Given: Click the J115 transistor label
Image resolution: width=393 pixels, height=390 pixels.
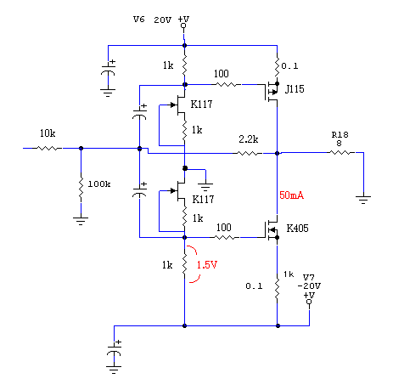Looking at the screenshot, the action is pyautogui.click(x=295, y=89).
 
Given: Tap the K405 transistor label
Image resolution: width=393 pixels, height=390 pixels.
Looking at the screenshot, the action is pyautogui.click(x=297, y=229).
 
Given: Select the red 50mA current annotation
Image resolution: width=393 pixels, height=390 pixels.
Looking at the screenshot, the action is pyautogui.click(x=291, y=195).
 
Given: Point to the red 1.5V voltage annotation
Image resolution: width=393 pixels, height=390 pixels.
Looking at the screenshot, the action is pyautogui.click(x=207, y=265).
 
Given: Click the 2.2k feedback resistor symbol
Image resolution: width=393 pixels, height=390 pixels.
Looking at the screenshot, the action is pyautogui.click(x=249, y=153).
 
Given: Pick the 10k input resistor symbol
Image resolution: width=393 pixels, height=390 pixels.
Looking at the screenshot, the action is pyautogui.click(x=48, y=148).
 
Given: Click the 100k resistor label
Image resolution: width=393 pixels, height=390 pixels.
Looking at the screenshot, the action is pyautogui.click(x=99, y=184).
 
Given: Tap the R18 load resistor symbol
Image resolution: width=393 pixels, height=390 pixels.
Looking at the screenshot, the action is pyautogui.click(x=341, y=153).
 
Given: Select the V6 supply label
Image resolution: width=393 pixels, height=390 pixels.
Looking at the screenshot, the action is pyautogui.click(x=139, y=20).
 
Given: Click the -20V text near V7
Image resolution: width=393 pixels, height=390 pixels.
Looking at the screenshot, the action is pyautogui.click(x=309, y=286).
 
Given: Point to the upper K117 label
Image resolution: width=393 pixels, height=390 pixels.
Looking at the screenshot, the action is pyautogui.click(x=201, y=105).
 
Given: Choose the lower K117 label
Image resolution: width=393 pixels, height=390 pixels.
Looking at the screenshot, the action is pyautogui.click(x=203, y=200).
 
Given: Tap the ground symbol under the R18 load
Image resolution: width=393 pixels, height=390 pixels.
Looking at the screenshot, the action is pyautogui.click(x=363, y=200).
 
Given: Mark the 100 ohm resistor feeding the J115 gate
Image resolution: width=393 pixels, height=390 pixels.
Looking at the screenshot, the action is pyautogui.click(x=227, y=84).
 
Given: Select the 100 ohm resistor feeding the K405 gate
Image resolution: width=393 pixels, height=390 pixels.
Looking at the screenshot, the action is pyautogui.click(x=226, y=237).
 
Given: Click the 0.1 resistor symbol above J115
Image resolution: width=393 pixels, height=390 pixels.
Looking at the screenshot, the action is pyautogui.click(x=277, y=65).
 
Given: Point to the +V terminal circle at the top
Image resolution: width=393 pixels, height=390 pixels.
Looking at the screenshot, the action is pyautogui.click(x=183, y=25).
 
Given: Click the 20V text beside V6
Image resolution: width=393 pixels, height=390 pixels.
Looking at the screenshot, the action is pyautogui.click(x=163, y=20).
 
